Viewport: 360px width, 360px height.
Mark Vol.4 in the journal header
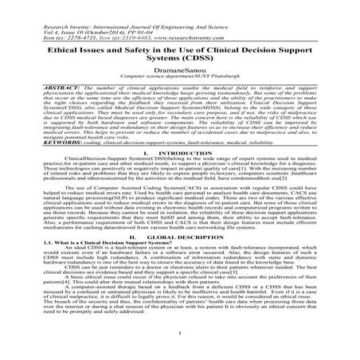(30, 22)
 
